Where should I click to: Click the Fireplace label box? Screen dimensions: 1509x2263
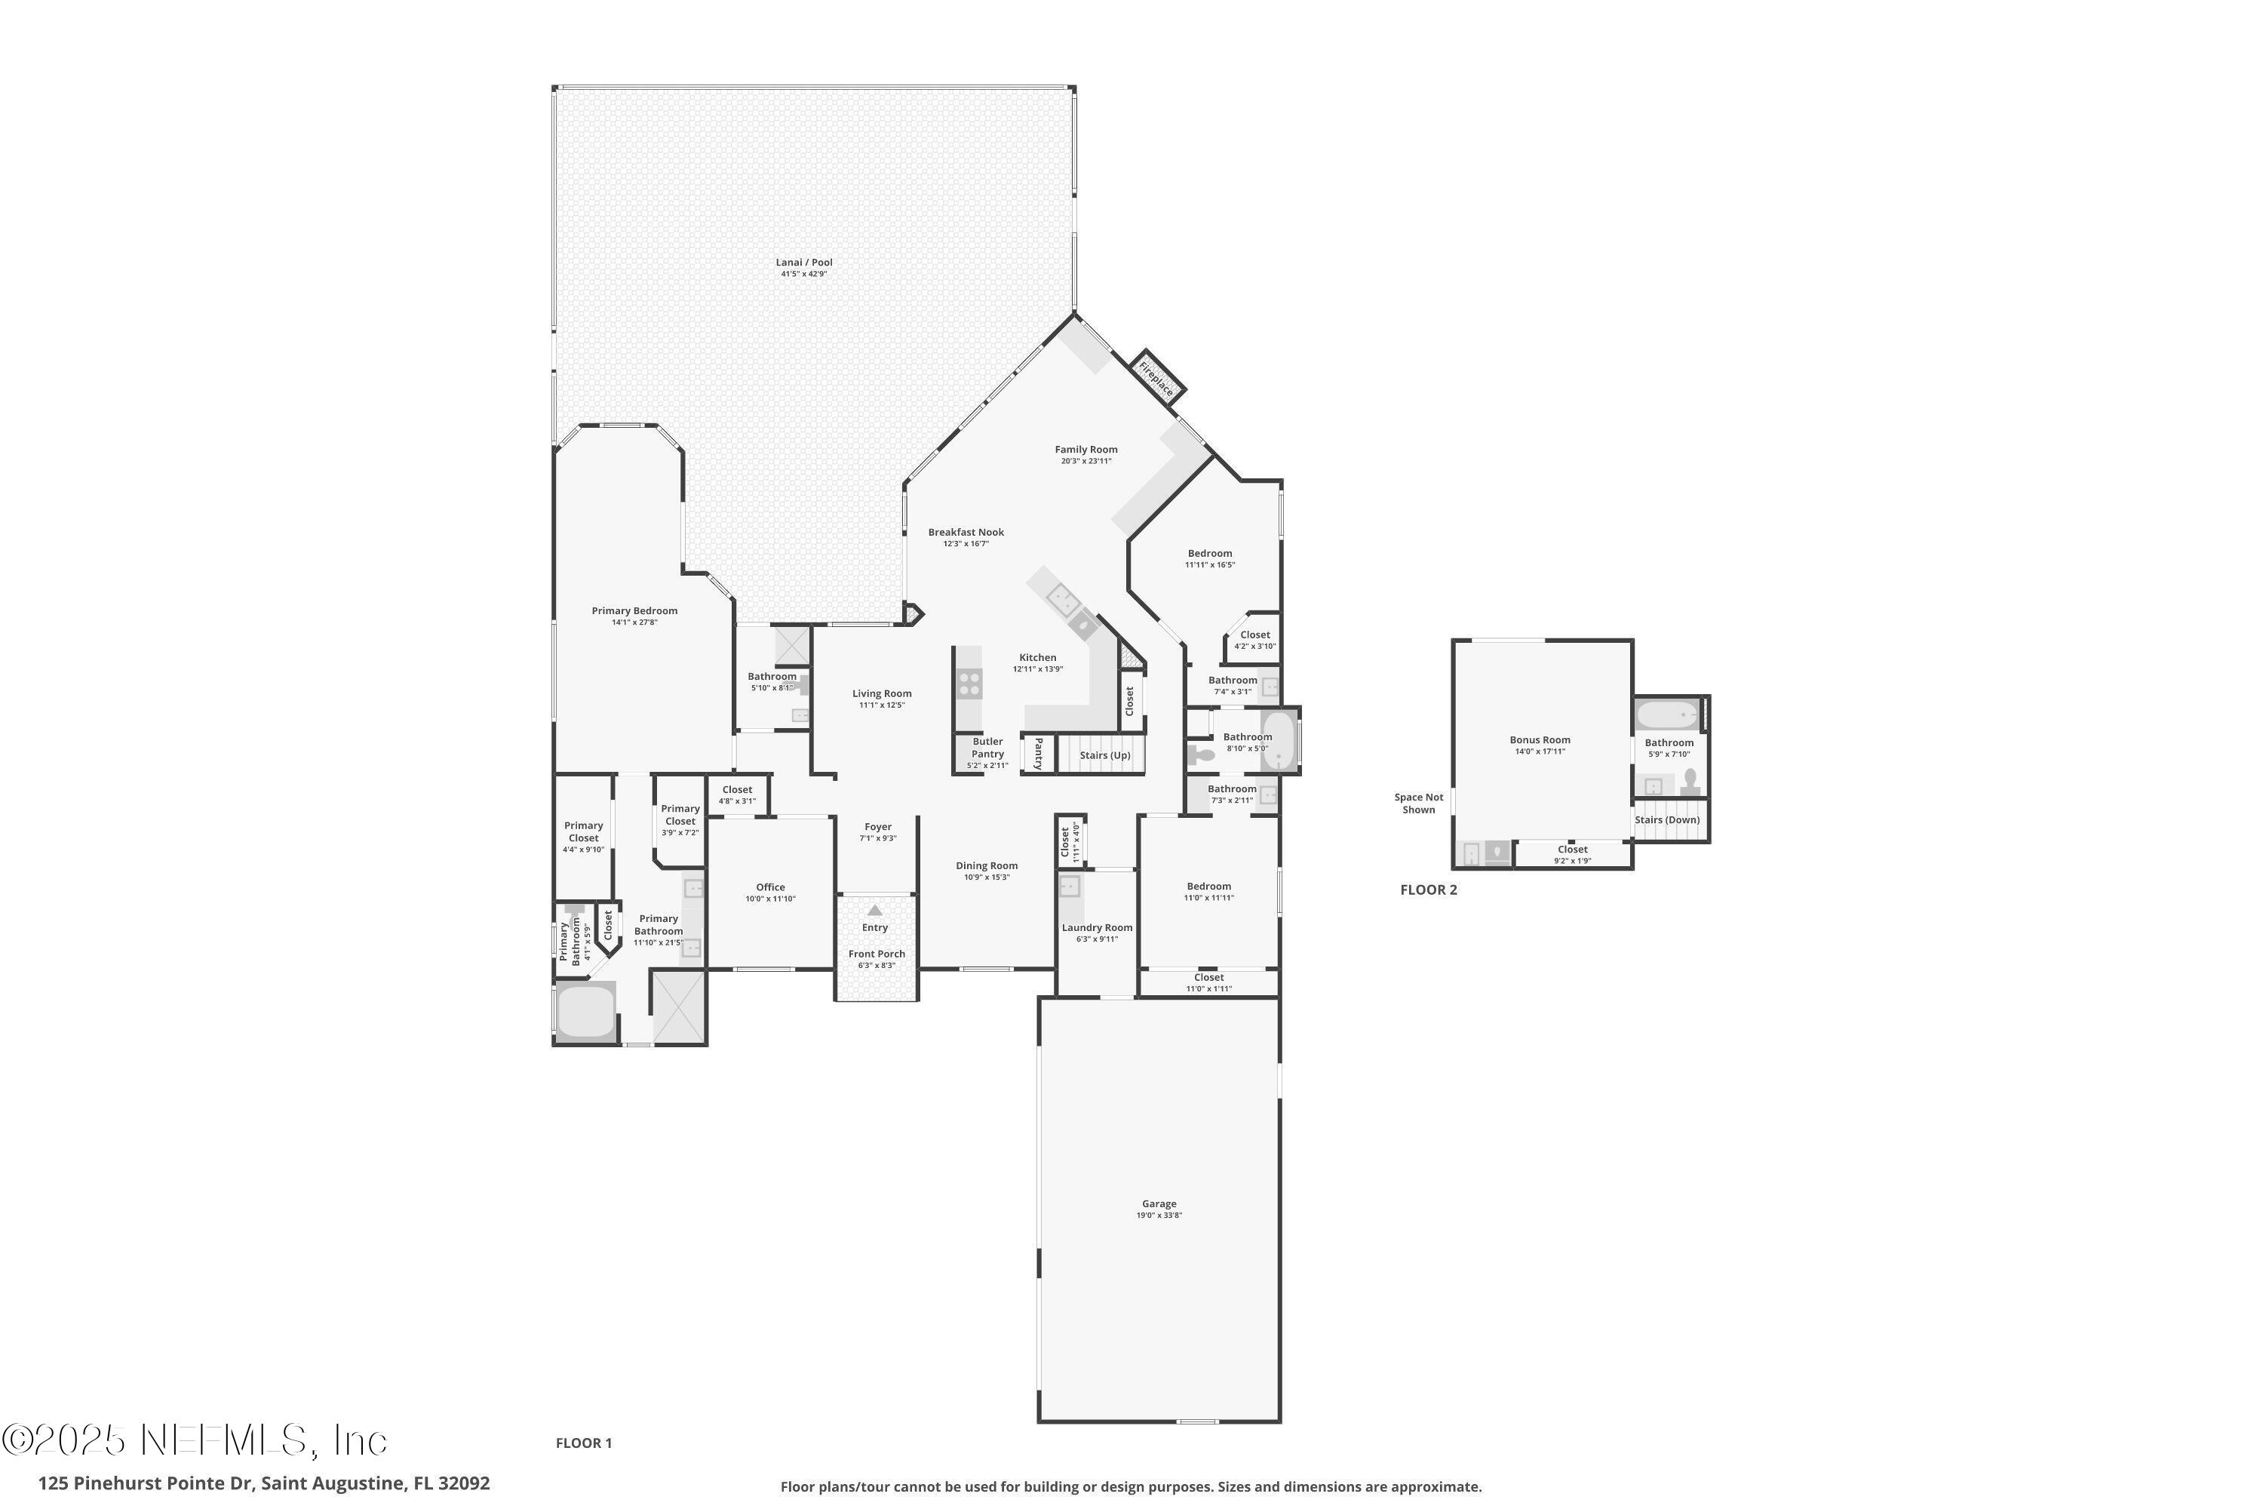(1156, 378)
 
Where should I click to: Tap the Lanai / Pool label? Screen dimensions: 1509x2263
(803, 263)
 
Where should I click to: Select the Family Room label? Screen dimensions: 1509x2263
(1085, 450)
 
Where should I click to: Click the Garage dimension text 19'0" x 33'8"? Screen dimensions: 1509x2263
(1159, 1215)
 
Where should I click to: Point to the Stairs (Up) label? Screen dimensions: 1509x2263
(1104, 755)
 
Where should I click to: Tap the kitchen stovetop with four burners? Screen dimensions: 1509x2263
(969, 684)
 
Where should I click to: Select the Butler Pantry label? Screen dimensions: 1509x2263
(987, 748)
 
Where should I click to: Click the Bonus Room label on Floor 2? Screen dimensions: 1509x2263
(1540, 740)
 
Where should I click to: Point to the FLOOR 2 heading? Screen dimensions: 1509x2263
(1428, 890)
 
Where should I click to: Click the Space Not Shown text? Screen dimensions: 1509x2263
(1418, 804)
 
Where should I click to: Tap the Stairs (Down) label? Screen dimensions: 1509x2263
(1666, 820)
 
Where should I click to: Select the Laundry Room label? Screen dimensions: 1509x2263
(1097, 928)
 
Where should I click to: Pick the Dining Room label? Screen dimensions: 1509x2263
(986, 865)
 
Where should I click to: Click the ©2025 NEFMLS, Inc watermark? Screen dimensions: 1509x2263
(195, 1440)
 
